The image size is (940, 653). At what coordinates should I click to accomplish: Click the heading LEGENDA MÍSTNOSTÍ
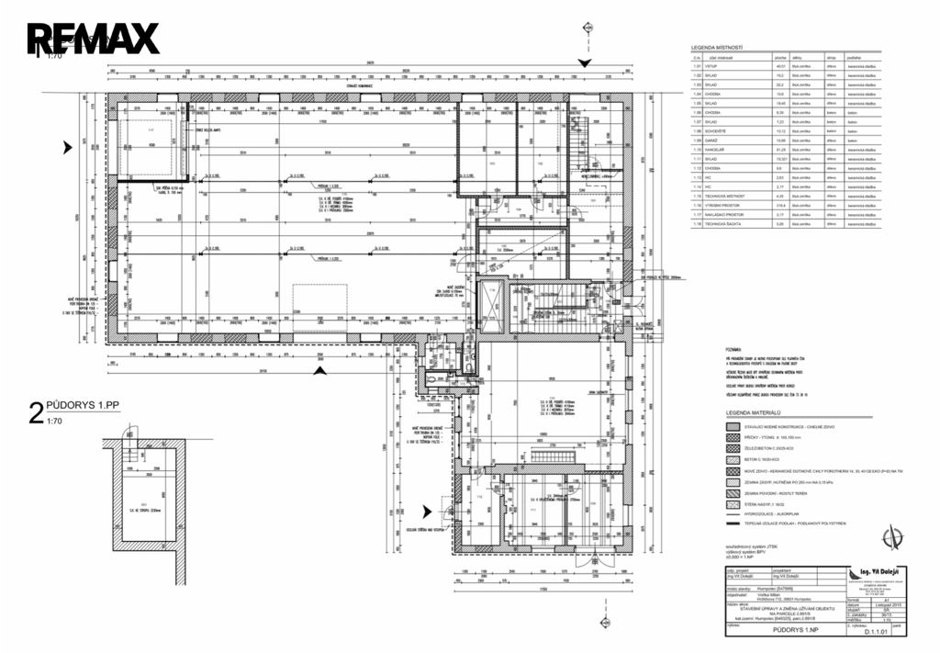click(716, 47)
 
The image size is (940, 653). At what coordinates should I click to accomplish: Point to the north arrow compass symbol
click(888, 536)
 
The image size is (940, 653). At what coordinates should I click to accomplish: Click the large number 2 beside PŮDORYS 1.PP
click(36, 414)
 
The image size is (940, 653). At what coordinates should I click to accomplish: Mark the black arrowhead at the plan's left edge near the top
click(66, 146)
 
